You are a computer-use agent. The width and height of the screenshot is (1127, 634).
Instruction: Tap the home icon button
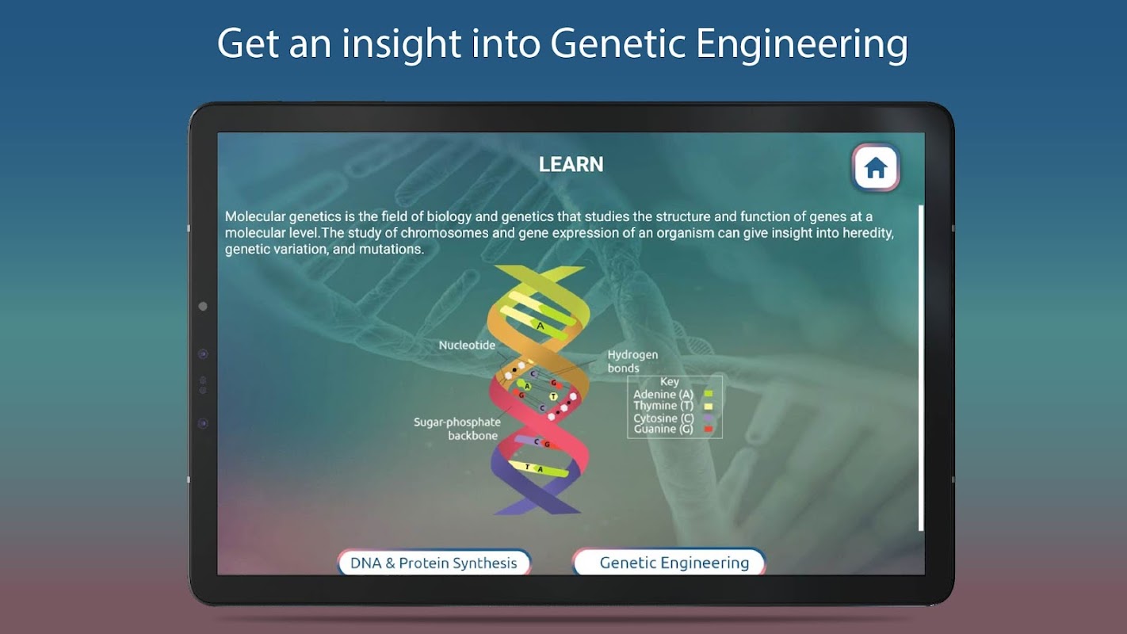(x=876, y=167)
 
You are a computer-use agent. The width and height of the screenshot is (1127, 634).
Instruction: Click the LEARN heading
(x=571, y=165)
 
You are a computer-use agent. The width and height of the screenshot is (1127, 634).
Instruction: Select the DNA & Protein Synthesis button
(x=434, y=562)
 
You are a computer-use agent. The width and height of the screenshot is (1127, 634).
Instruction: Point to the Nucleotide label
(x=467, y=346)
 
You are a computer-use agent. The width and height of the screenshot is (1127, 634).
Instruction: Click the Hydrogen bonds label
(x=632, y=361)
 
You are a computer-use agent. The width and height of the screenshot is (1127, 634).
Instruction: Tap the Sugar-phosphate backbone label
(x=457, y=429)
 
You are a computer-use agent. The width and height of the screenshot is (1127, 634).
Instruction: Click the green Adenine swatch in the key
(x=709, y=394)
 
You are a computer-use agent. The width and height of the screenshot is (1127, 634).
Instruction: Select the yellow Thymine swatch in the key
(x=709, y=406)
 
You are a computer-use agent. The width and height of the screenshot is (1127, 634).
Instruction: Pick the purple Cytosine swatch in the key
(x=709, y=418)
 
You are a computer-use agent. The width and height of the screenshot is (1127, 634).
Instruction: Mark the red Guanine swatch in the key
(x=709, y=430)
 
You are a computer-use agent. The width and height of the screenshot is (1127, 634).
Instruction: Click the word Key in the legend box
(x=670, y=382)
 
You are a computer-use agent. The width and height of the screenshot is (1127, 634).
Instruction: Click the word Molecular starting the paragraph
(x=255, y=216)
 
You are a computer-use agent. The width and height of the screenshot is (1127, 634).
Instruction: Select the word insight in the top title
(x=402, y=44)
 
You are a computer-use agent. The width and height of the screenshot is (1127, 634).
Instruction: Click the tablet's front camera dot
(x=203, y=306)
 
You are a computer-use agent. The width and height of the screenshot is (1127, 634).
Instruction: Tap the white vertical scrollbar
(x=921, y=367)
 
